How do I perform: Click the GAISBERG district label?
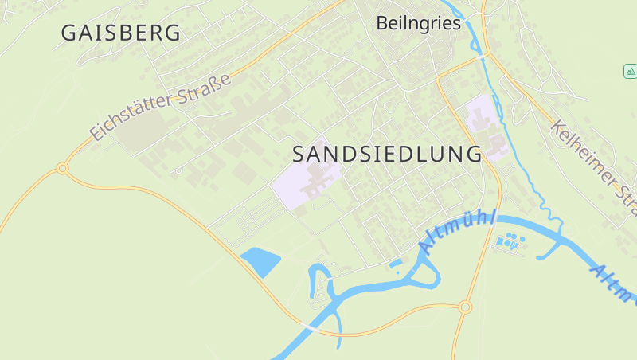[121, 33]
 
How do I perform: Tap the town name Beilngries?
[418, 23]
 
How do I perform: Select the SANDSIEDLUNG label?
[387, 153]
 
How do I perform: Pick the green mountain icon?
[630, 72]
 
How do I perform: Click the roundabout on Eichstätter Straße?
[62, 168]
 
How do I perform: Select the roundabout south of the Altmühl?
[466, 307]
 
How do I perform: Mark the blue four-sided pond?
[260, 260]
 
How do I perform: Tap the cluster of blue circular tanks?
[510, 239]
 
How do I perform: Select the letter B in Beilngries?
[382, 23]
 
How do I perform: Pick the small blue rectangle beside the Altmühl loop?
[396, 262]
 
